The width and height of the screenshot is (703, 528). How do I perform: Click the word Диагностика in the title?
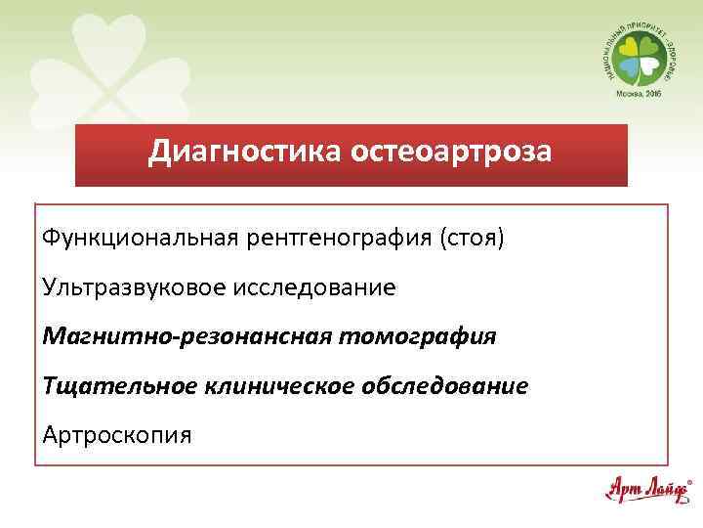click(230, 154)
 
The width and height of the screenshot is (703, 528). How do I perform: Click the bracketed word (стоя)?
click(473, 239)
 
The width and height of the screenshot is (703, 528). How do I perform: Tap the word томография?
click(419, 336)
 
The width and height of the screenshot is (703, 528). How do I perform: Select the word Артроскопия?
click(118, 433)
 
